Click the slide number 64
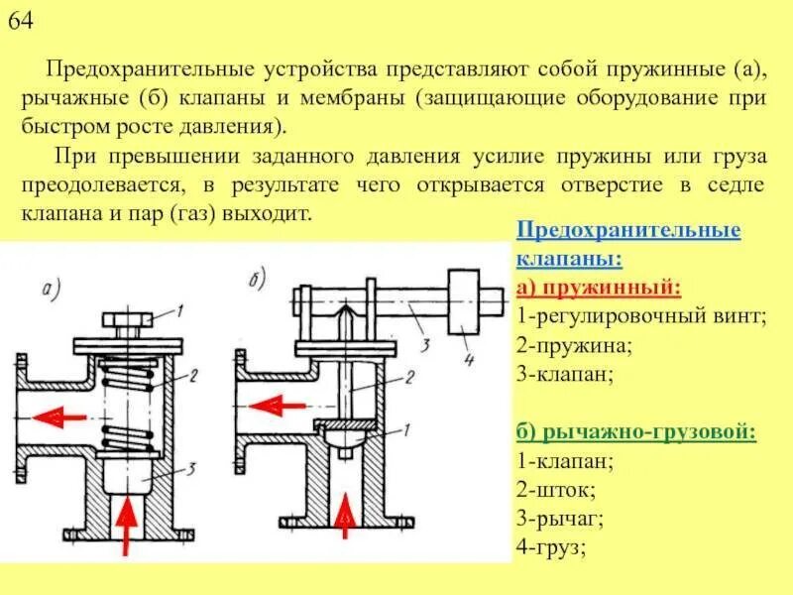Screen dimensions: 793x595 pos(22,22)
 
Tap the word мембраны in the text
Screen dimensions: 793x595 pos(362,100)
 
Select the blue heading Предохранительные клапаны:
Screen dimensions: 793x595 pos(628,244)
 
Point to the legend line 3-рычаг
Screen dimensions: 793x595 pos(561,518)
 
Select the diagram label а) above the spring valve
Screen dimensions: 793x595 pos(53,290)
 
